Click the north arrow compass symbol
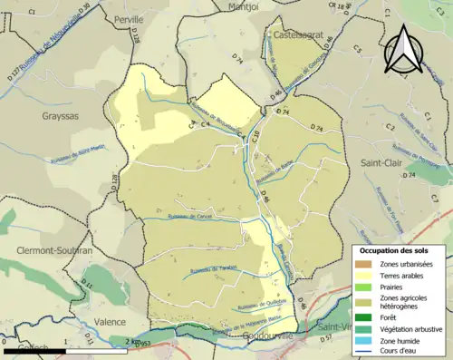coord(403,50)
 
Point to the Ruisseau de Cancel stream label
coord(190,217)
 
